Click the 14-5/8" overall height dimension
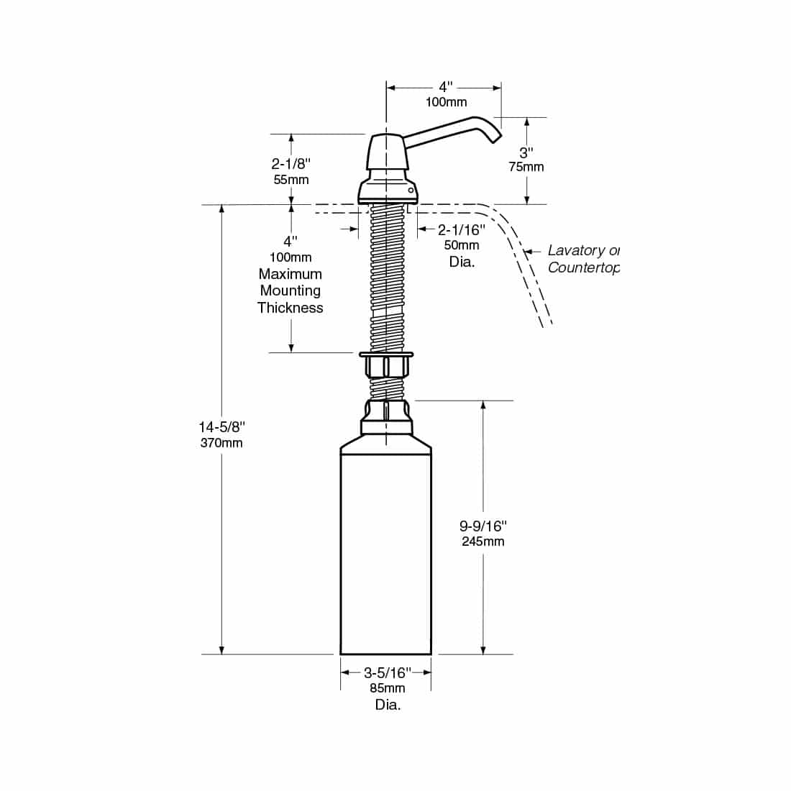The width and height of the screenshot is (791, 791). coord(222,427)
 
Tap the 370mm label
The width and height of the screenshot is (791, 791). coord(221,443)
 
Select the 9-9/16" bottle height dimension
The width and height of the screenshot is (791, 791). coord(483,526)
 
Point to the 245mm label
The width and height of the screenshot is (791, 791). coord(483,541)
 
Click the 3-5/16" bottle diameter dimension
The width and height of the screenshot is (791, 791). coord(388,672)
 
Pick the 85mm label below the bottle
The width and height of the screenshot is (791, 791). coord(388,688)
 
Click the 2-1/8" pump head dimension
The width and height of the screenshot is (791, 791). coord(291,163)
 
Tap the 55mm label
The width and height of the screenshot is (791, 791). coord(291,180)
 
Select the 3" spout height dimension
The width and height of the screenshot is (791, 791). coord(526,152)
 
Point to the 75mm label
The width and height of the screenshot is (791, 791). coord(526,167)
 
